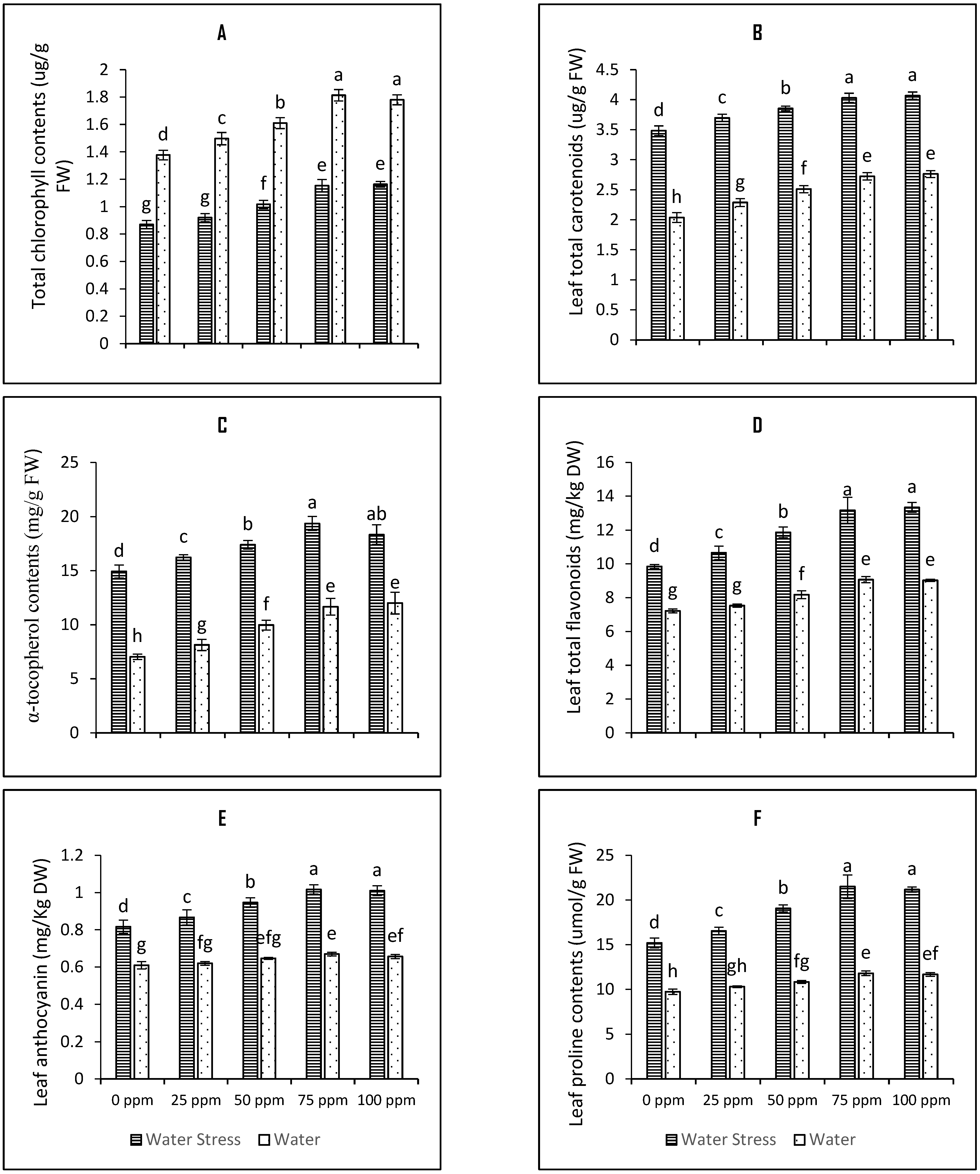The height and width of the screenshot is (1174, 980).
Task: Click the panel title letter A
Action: pyautogui.click(x=222, y=34)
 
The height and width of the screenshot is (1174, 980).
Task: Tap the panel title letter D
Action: pyautogui.click(x=757, y=426)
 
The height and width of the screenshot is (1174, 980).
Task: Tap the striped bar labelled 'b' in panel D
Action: pyautogui.click(x=783, y=632)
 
